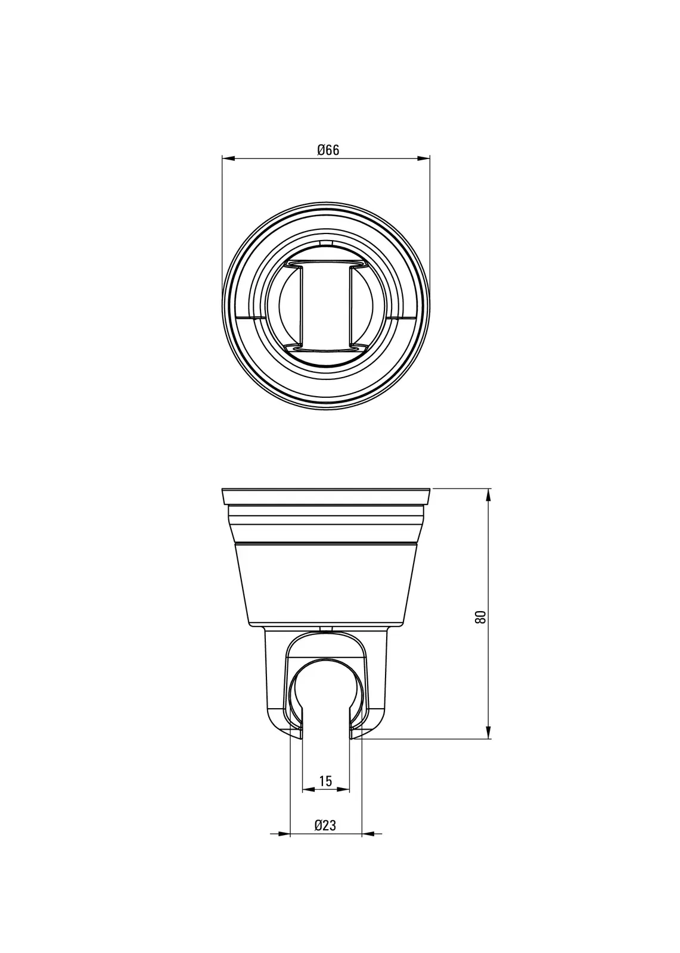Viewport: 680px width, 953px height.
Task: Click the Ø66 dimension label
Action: pyautogui.click(x=328, y=150)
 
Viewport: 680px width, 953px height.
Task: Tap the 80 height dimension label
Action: pyautogui.click(x=480, y=617)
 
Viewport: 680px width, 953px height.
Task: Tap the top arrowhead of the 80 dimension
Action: pyautogui.click(x=488, y=495)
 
